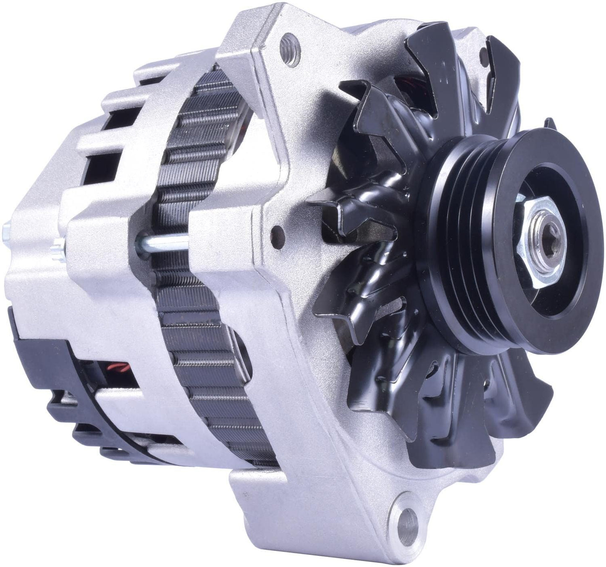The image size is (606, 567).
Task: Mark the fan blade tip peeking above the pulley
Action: click(549, 126)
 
